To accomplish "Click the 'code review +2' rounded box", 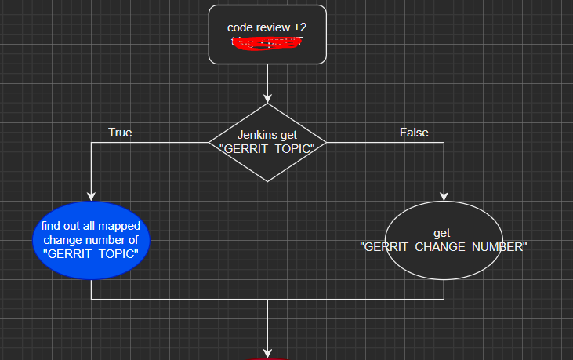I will [x=267, y=34].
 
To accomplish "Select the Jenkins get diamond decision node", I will [x=267, y=142].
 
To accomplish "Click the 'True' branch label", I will [x=120, y=133].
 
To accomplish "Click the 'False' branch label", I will [x=414, y=133].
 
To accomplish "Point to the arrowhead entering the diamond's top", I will [x=267, y=98].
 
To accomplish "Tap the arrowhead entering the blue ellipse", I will [x=91, y=197].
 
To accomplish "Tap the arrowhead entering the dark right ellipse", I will [x=444, y=197].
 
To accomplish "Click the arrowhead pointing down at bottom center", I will [x=267, y=353].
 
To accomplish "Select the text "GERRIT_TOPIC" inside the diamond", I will [x=267, y=149].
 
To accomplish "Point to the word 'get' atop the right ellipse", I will [x=443, y=234].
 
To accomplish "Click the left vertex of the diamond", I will [x=210, y=142].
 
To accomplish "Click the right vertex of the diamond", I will [x=325, y=142].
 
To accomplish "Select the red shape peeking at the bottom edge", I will [x=267, y=358].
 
